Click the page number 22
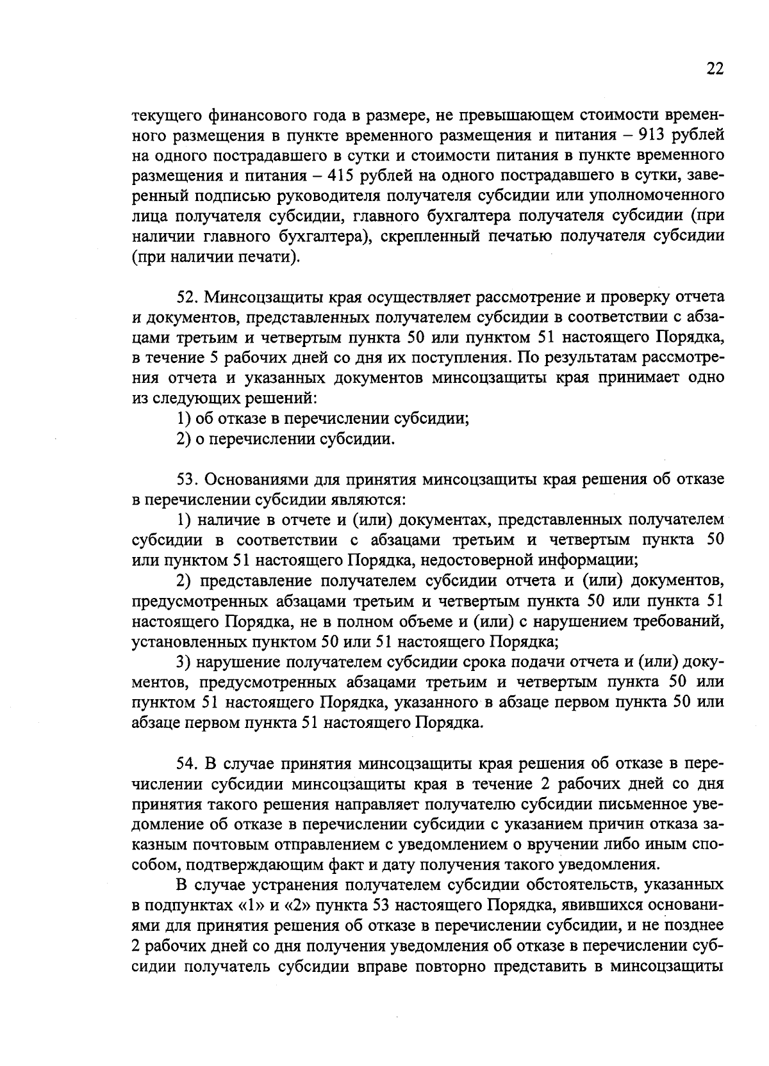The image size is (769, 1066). click(x=715, y=69)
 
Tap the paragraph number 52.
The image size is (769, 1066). click(x=188, y=298)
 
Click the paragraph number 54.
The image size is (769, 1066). click(x=188, y=764)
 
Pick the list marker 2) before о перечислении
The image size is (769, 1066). click(x=183, y=439)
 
